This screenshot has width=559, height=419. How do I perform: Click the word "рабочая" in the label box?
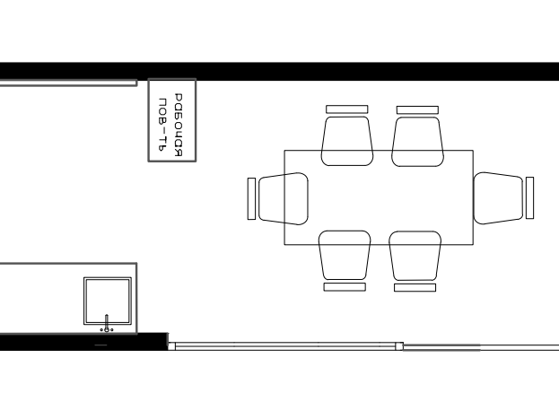[x=179, y=126]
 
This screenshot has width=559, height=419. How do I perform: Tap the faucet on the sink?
[x=106, y=323]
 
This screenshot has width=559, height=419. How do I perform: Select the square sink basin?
[x=108, y=301]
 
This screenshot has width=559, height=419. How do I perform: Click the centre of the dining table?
[x=379, y=197]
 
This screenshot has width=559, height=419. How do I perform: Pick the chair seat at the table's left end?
[x=284, y=198]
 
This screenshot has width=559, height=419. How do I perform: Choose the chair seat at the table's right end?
[x=498, y=198]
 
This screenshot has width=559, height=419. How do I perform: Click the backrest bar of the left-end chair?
[x=251, y=198]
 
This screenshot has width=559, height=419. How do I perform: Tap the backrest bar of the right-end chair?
[x=529, y=197]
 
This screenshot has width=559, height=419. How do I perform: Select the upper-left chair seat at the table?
[x=347, y=141]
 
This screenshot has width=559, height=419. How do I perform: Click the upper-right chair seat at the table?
[x=417, y=142]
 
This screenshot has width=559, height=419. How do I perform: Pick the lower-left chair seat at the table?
[x=345, y=255]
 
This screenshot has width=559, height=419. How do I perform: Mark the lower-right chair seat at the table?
[x=415, y=256]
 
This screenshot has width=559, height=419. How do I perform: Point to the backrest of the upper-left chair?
[x=347, y=109]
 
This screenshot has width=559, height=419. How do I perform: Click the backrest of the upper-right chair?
[x=417, y=109]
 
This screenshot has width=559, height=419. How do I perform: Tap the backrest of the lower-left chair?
[x=345, y=287]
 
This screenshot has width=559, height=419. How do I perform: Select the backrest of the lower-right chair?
[x=415, y=287]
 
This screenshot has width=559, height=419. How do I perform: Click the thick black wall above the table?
[x=280, y=71]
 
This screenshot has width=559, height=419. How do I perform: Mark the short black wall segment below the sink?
[x=83, y=342]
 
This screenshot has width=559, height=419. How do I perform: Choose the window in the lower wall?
[x=285, y=346]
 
